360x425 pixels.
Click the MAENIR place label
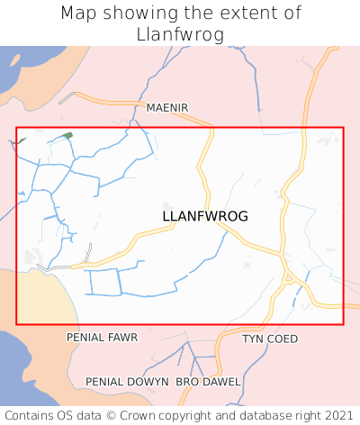pos(167,108)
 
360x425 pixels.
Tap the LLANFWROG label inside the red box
pos(205,217)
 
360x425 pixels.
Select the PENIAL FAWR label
pos(103,338)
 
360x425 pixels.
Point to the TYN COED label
pos(270,339)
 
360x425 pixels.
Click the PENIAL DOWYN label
pos(127,382)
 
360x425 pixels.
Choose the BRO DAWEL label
pos(208,382)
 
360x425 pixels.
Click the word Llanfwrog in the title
pos(180,34)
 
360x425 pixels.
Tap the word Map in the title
pos(79,14)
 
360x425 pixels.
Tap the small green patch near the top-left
pos(67,135)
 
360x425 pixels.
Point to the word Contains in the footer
pos(31,415)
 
